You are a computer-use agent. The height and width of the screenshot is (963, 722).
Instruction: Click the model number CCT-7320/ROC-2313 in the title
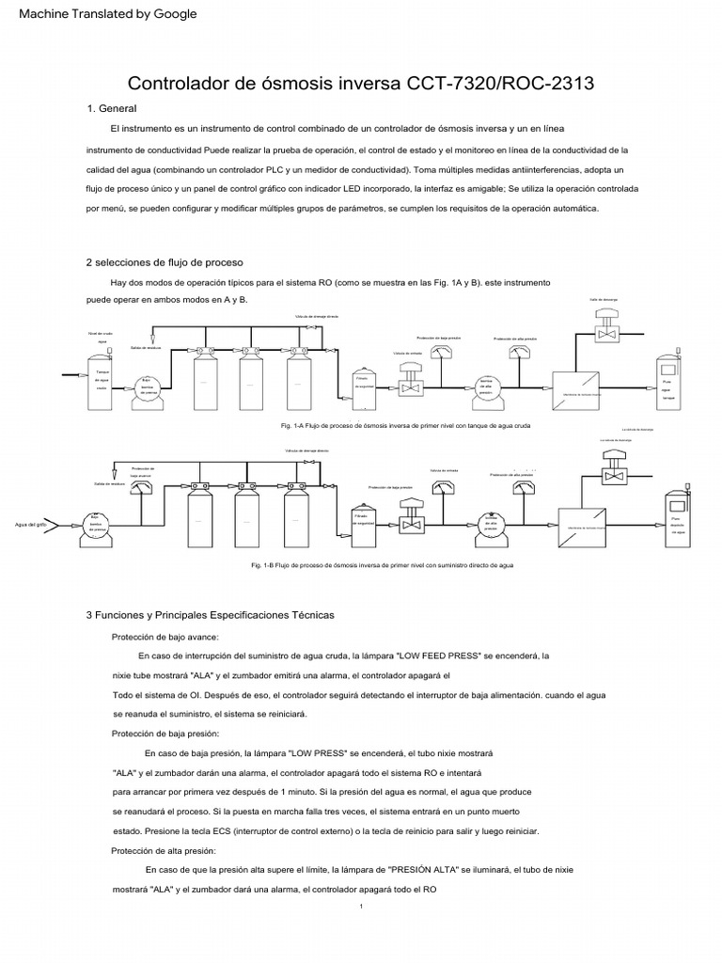[x=499, y=84]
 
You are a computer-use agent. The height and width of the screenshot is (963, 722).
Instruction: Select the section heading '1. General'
[x=111, y=109]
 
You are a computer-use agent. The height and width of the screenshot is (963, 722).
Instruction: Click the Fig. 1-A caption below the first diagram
[x=405, y=426]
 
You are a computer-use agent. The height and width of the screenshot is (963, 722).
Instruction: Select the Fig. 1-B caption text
[x=382, y=566]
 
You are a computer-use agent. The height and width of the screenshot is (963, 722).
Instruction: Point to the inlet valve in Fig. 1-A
[x=410, y=384]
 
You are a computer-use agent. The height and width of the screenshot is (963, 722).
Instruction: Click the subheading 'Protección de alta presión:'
[x=164, y=851]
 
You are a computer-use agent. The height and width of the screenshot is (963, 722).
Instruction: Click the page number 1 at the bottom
[x=361, y=907]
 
